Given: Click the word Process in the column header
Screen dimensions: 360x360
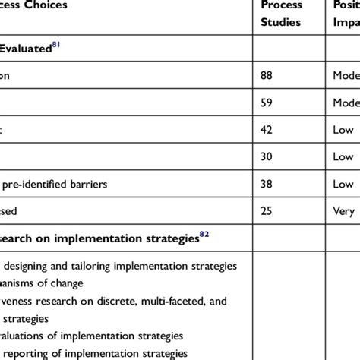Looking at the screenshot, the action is click(x=282, y=5).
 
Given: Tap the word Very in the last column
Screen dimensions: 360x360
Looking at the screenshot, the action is click(x=344, y=210).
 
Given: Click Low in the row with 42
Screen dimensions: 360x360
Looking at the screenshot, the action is click(x=343, y=130).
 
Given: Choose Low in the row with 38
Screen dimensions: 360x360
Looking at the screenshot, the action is click(x=343, y=184).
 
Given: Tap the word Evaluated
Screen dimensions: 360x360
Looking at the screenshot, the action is click(x=26, y=50).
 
